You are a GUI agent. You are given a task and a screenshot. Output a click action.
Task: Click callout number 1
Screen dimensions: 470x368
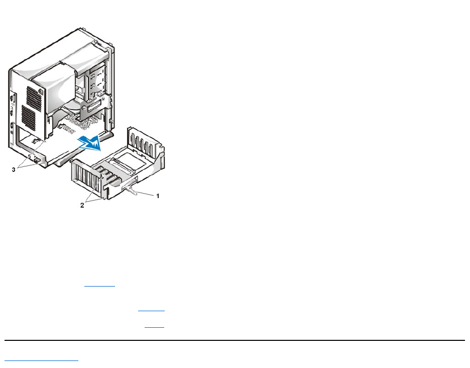tap(158, 196)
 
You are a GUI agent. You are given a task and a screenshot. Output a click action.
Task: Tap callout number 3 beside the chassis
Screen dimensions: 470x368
tap(14, 170)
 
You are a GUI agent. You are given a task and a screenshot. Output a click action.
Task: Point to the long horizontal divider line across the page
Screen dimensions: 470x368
tap(235, 340)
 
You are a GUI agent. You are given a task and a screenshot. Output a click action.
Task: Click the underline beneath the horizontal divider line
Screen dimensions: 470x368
tap(42, 360)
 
